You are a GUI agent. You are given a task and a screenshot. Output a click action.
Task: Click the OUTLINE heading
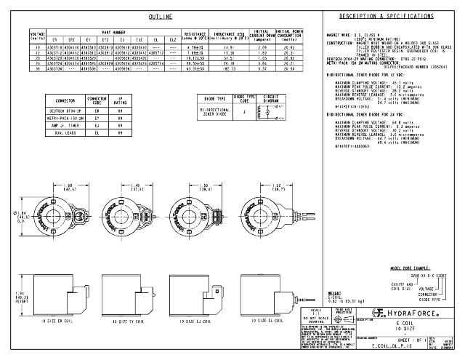(x=160, y=16)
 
